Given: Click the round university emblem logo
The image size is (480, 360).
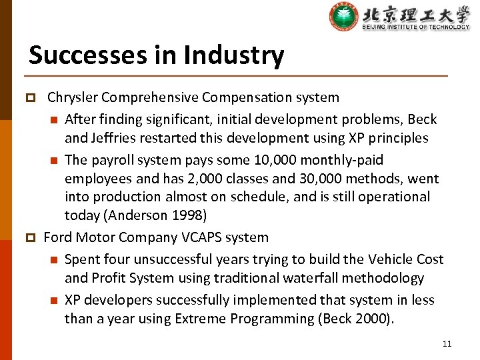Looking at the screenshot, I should point(343,17).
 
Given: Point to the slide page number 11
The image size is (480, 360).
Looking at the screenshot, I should point(447,344).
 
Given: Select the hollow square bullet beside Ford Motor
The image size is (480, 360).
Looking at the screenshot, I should point(29,238).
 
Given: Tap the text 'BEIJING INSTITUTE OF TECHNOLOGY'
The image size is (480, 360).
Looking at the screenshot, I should point(415,27).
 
